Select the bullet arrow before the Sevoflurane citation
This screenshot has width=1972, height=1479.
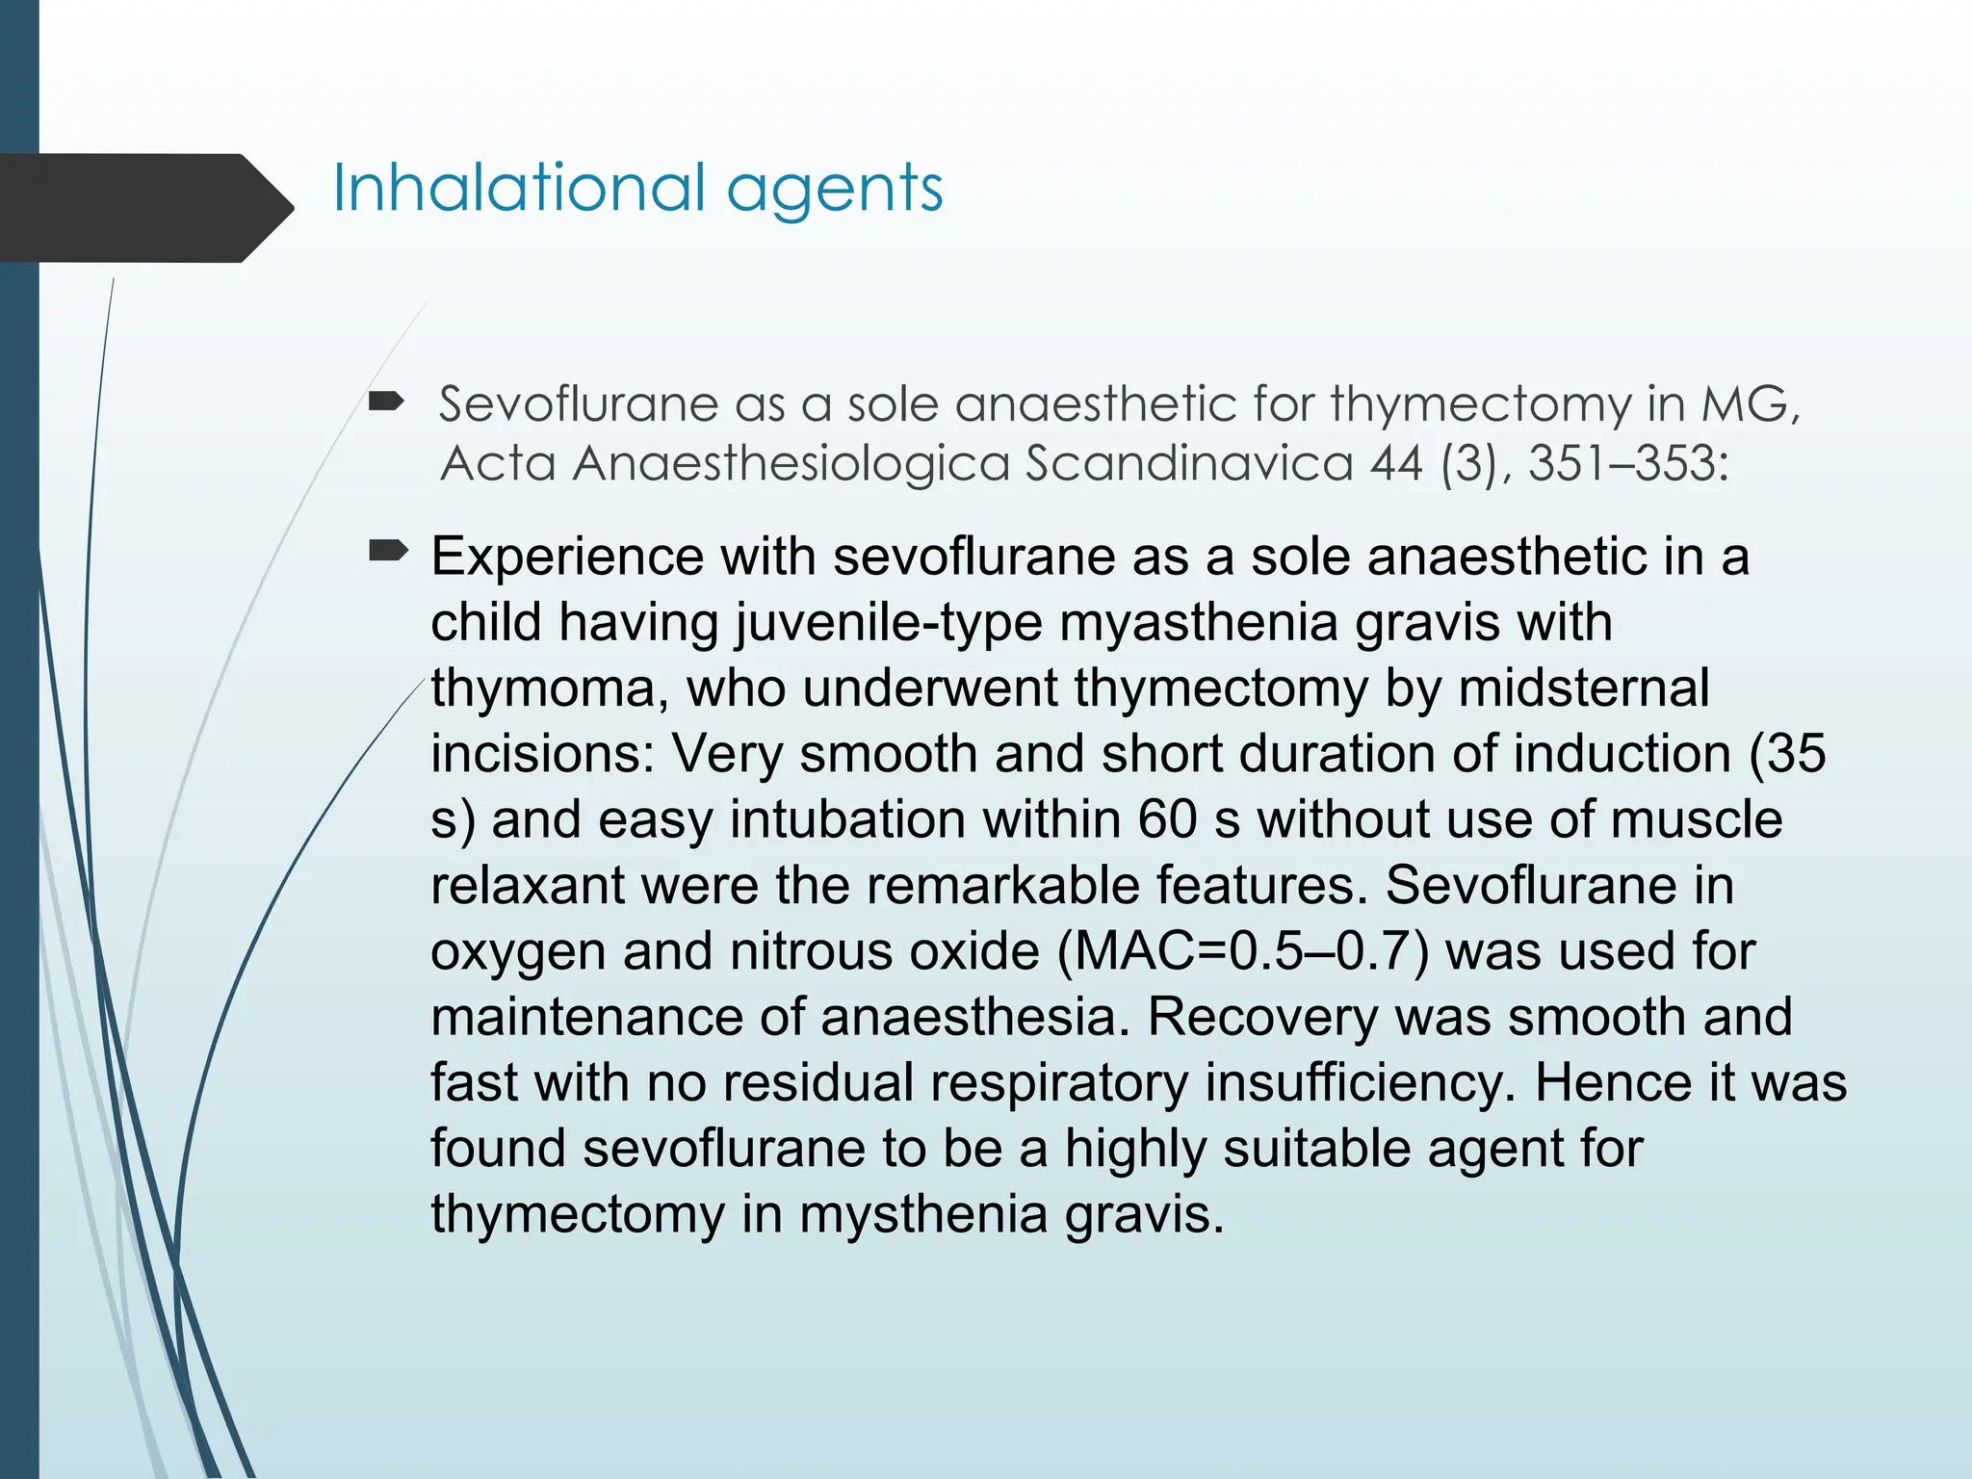click(387, 402)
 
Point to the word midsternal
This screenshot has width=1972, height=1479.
click(1584, 688)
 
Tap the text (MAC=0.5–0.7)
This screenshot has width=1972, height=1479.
click(1242, 951)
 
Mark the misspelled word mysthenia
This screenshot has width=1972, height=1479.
click(923, 1214)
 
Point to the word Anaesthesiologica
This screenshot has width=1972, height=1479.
click(791, 463)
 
